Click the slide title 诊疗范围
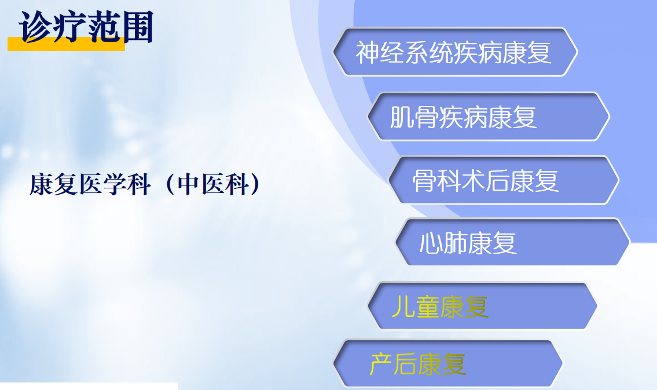[x=86, y=27]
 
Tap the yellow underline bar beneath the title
[x=66, y=44]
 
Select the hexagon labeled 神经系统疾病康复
[x=455, y=52]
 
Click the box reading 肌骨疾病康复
[x=489, y=116]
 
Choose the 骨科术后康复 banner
[x=504, y=180]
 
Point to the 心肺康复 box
[x=513, y=242]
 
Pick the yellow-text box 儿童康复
[x=482, y=306]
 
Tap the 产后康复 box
[x=448, y=363]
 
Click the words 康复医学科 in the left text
[x=90, y=184]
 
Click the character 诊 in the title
[x=35, y=27]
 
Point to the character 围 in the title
[x=137, y=27]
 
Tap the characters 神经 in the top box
[x=380, y=53]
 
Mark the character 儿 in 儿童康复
[x=403, y=307]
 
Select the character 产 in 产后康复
[x=381, y=364]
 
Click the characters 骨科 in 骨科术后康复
[x=436, y=181]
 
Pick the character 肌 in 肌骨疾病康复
[x=402, y=117]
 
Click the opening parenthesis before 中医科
[x=170, y=184]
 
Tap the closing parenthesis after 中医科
[x=256, y=184]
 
